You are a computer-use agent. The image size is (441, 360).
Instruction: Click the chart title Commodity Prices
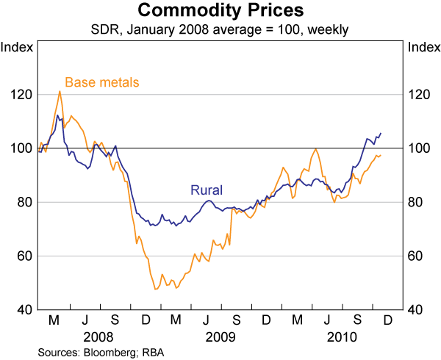(x=220, y=11)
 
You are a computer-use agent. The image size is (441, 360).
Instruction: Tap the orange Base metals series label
(x=102, y=82)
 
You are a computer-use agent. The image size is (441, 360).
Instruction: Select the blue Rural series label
(x=207, y=190)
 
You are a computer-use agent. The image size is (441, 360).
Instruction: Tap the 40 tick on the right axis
(x=417, y=309)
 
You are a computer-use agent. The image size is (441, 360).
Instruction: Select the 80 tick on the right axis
(x=417, y=202)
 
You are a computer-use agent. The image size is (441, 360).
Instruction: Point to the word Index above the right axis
(x=423, y=48)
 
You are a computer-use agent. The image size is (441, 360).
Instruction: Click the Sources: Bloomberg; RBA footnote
(x=101, y=353)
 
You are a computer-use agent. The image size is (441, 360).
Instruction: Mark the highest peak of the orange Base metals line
(x=60, y=91)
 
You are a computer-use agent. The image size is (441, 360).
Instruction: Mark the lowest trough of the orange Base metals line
(x=155, y=289)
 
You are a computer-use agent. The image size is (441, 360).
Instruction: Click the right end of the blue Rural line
(x=381, y=133)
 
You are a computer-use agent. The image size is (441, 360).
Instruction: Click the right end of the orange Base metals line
(x=381, y=155)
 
